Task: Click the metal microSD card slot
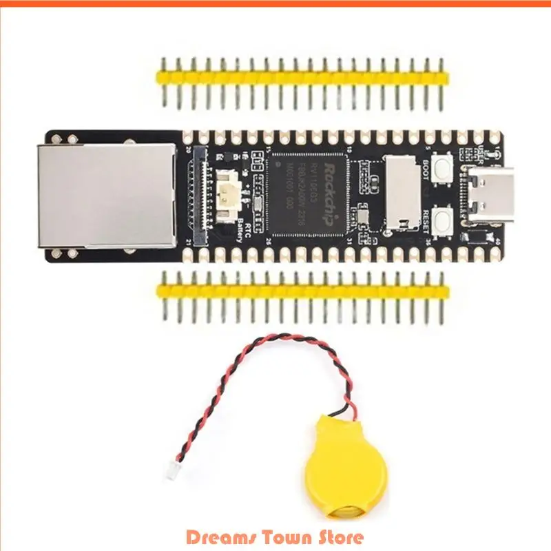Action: click(x=402, y=191)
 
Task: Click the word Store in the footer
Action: click(x=340, y=535)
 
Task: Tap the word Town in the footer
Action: click(x=283, y=535)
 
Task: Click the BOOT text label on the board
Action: click(x=427, y=167)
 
